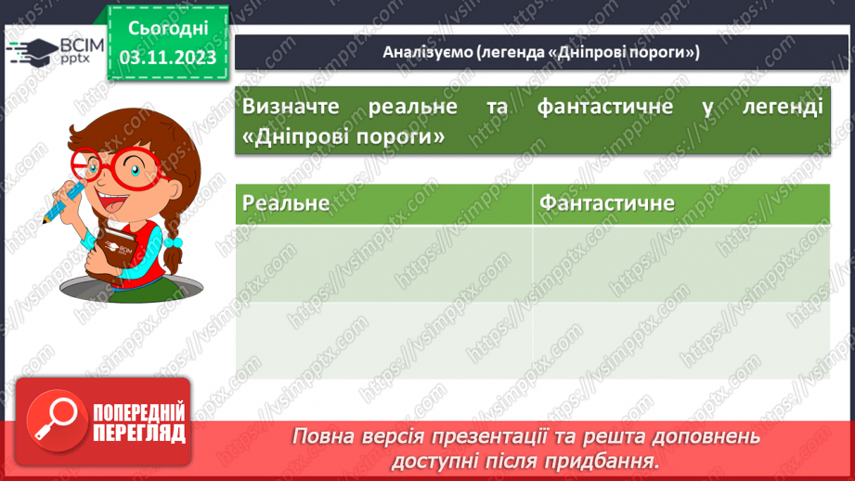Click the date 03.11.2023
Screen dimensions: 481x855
tap(168, 57)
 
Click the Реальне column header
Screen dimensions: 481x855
tap(286, 202)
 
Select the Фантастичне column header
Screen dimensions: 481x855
tap(607, 202)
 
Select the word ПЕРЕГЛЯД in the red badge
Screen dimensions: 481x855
tap(140, 432)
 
